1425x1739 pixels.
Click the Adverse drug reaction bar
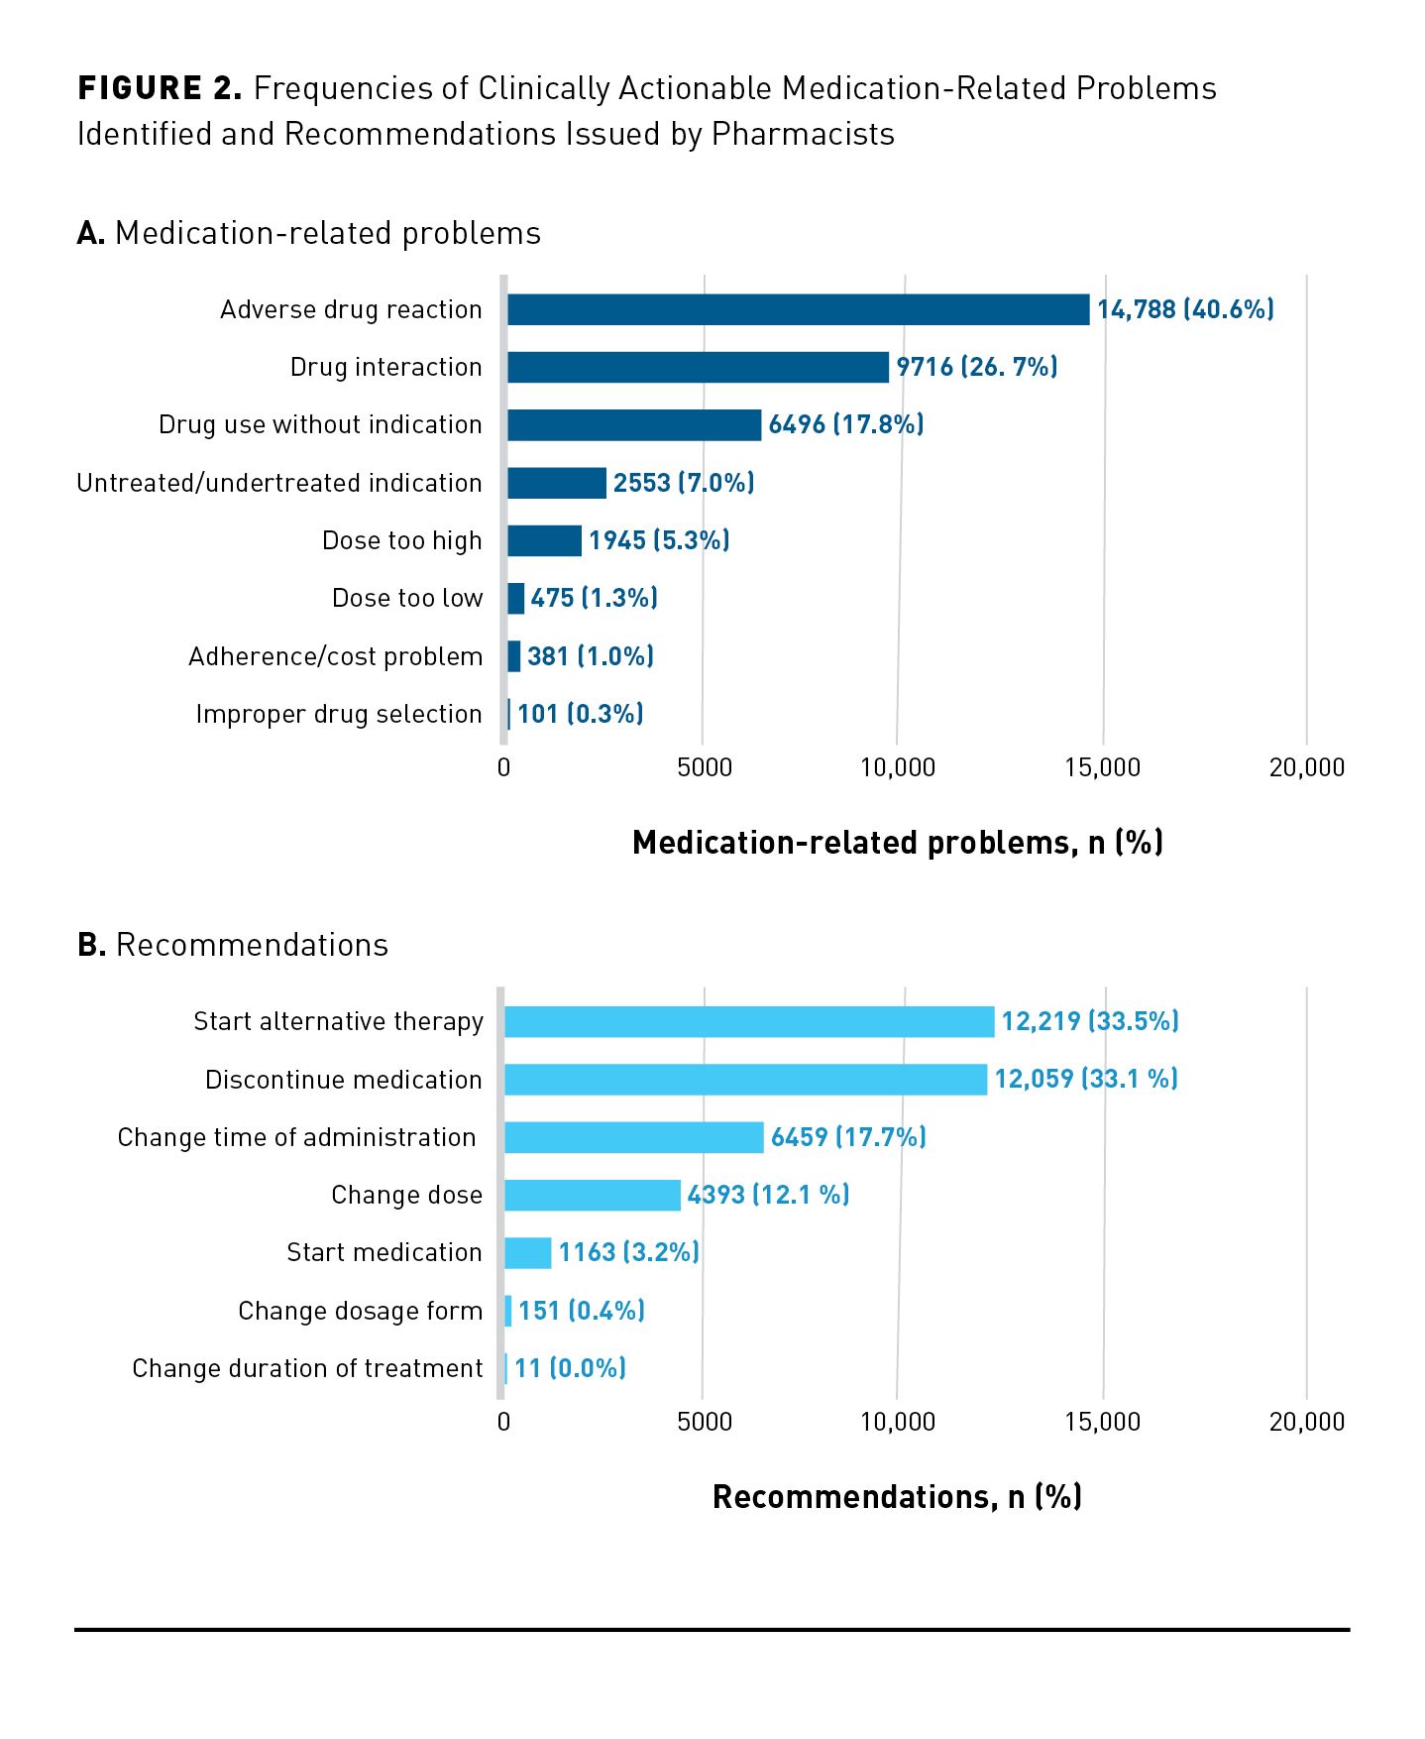(798, 309)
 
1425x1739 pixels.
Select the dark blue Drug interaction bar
(698, 367)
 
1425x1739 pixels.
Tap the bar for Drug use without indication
(634, 425)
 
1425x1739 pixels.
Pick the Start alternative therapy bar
(749, 1022)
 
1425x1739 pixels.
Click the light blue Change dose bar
(593, 1195)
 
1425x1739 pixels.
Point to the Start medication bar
(528, 1253)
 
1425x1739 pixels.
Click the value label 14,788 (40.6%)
(1185, 309)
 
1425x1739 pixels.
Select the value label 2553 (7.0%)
(684, 483)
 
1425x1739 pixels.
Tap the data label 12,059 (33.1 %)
(1086, 1079)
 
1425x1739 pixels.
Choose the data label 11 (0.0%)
(571, 1368)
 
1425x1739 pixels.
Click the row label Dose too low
(407, 598)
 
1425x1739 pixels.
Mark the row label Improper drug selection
(339, 714)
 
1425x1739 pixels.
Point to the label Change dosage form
(361, 1311)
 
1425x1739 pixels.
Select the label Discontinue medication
(344, 1080)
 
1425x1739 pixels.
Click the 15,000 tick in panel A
(1102, 767)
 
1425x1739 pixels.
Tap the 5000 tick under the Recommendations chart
(704, 1422)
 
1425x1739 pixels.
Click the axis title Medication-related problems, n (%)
(897, 843)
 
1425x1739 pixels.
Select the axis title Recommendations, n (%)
(897, 1497)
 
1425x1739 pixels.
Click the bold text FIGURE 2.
(160, 88)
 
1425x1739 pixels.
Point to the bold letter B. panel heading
(91, 945)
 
